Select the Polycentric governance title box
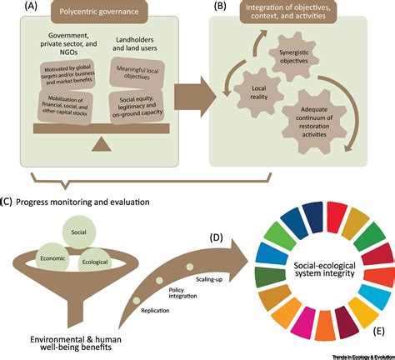(102, 14)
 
